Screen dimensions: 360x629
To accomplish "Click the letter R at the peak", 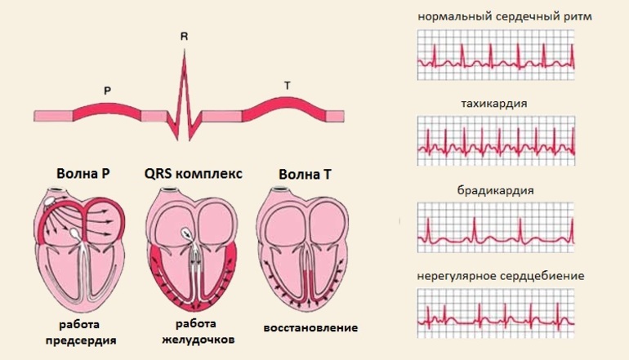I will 184,36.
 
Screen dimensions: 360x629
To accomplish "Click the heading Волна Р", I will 83,173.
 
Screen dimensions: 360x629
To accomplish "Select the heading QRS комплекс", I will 194,173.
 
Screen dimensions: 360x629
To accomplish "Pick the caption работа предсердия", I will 84,330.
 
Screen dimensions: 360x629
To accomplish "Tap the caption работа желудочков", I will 193,330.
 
